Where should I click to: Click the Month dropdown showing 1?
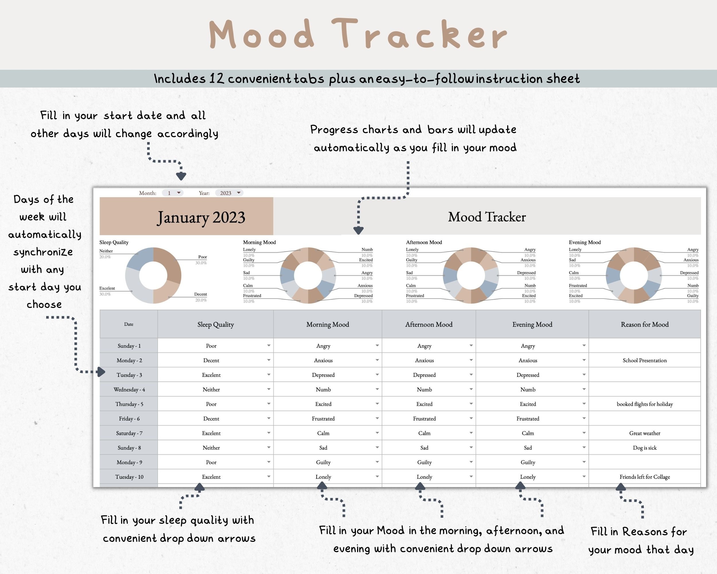point(173,193)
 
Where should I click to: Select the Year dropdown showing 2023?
point(229,193)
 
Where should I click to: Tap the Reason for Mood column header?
point(644,324)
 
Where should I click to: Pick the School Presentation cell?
point(644,360)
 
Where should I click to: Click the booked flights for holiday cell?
point(644,404)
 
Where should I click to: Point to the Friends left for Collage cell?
point(644,477)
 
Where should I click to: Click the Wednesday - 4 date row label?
point(129,390)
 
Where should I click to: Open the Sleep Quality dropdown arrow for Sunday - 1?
point(268,346)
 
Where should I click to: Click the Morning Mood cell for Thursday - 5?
point(323,404)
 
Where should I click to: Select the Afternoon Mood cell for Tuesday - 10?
point(424,477)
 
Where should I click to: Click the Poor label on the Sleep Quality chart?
point(202,257)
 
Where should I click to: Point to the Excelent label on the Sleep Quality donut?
point(107,288)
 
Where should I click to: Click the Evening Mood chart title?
point(584,242)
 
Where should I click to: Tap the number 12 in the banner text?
point(216,79)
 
